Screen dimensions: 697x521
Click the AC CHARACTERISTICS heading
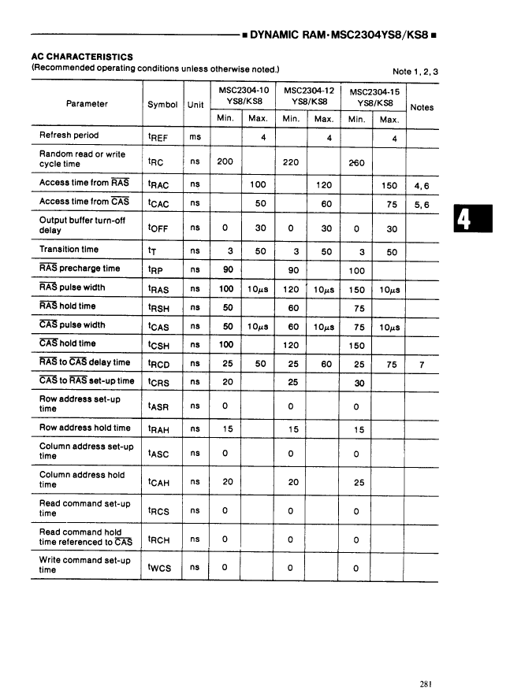pyautogui.click(x=82, y=57)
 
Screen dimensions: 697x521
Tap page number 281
pyautogui.click(x=426, y=662)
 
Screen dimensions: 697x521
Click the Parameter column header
pyautogui.click(x=87, y=104)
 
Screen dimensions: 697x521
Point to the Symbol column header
pyautogui.click(x=162, y=104)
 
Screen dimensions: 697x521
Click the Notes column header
pyautogui.click(x=422, y=107)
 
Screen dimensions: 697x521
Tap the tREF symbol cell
pyautogui.click(x=158, y=137)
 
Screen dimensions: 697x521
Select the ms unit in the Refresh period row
pyautogui.click(x=195, y=136)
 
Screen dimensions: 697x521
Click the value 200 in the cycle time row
pyautogui.click(x=225, y=161)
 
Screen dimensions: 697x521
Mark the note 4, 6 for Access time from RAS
pyautogui.click(x=422, y=187)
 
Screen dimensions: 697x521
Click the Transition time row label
pyautogui.click(x=69, y=250)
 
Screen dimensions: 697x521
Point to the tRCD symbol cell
pyautogui.click(x=160, y=364)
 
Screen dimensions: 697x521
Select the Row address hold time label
pyautogui.click(x=85, y=428)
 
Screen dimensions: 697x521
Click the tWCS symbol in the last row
pyautogui.click(x=160, y=566)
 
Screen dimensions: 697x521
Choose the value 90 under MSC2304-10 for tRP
pyautogui.click(x=226, y=269)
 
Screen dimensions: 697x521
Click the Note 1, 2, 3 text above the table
pyautogui.click(x=415, y=72)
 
